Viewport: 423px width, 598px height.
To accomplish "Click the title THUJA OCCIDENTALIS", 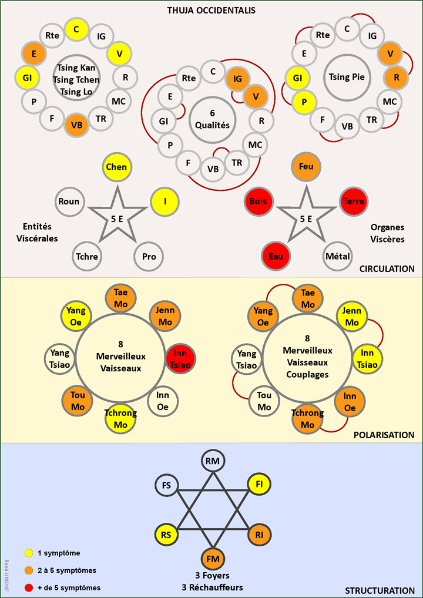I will click(211, 11).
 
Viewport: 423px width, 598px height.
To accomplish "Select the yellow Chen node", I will click(116, 167).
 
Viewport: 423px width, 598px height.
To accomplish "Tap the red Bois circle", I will click(258, 201).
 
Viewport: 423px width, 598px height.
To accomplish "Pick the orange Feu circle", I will click(305, 167).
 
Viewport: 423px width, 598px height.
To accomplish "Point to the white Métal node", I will click(337, 256).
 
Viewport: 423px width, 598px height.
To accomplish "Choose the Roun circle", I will click(69, 201).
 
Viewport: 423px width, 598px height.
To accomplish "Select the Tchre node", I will click(86, 256).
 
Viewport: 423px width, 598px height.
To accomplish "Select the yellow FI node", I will click(258, 485).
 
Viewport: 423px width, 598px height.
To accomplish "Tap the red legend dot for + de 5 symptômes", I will click(29, 587).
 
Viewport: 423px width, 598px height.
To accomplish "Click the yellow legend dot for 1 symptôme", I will click(29, 553).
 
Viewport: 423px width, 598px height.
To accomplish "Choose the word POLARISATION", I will click(384, 435).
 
